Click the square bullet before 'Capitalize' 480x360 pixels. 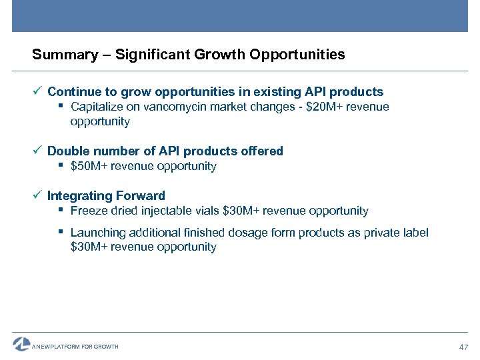(61, 107)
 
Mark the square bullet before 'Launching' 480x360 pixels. (61, 233)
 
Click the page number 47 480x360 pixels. (465, 347)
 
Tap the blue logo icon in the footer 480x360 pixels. (22, 344)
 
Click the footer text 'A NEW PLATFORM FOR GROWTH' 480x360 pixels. (75, 347)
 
